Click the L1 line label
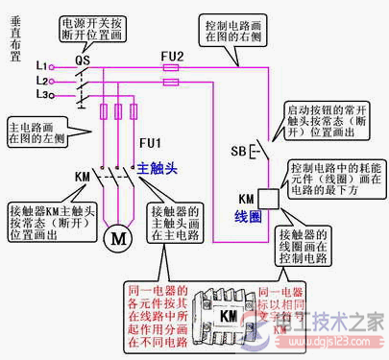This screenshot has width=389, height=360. click(40, 65)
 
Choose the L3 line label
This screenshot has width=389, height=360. click(40, 95)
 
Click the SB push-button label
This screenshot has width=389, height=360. click(238, 152)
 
